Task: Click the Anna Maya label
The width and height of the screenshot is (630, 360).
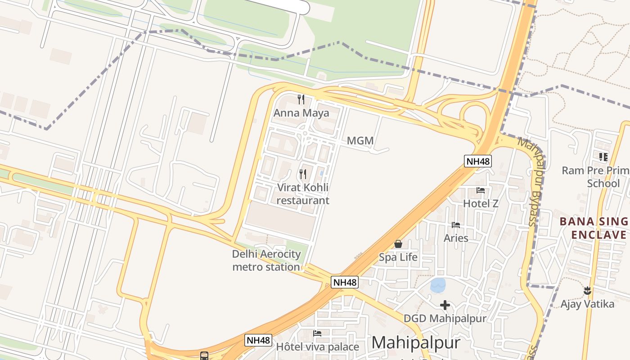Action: point(301,113)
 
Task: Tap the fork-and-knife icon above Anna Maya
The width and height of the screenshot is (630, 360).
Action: point(301,99)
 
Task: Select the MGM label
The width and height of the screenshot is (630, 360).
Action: point(360,141)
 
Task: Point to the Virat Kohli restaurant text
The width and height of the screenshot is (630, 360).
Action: point(303,194)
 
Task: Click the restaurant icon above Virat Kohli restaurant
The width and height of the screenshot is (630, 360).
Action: point(303,174)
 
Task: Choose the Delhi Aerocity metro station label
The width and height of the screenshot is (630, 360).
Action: point(266,261)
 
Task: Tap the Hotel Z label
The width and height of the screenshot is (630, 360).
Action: point(481,203)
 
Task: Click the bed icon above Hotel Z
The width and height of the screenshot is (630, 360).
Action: point(481,190)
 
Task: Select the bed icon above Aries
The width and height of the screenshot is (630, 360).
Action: point(456,225)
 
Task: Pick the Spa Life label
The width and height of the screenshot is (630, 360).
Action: point(398,257)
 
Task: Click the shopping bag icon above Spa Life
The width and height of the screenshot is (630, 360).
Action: point(398,244)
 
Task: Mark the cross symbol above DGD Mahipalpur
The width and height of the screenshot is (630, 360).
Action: point(445,306)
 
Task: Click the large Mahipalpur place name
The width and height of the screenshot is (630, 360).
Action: point(416,343)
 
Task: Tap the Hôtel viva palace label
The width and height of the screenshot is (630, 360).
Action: point(317,347)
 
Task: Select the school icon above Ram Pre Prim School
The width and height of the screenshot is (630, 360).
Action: point(603,157)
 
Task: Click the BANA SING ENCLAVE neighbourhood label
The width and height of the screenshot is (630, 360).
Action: point(594,228)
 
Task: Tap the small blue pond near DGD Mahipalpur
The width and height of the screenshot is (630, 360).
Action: point(437,285)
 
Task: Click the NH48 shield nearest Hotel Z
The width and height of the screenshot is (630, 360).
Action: point(478,161)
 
